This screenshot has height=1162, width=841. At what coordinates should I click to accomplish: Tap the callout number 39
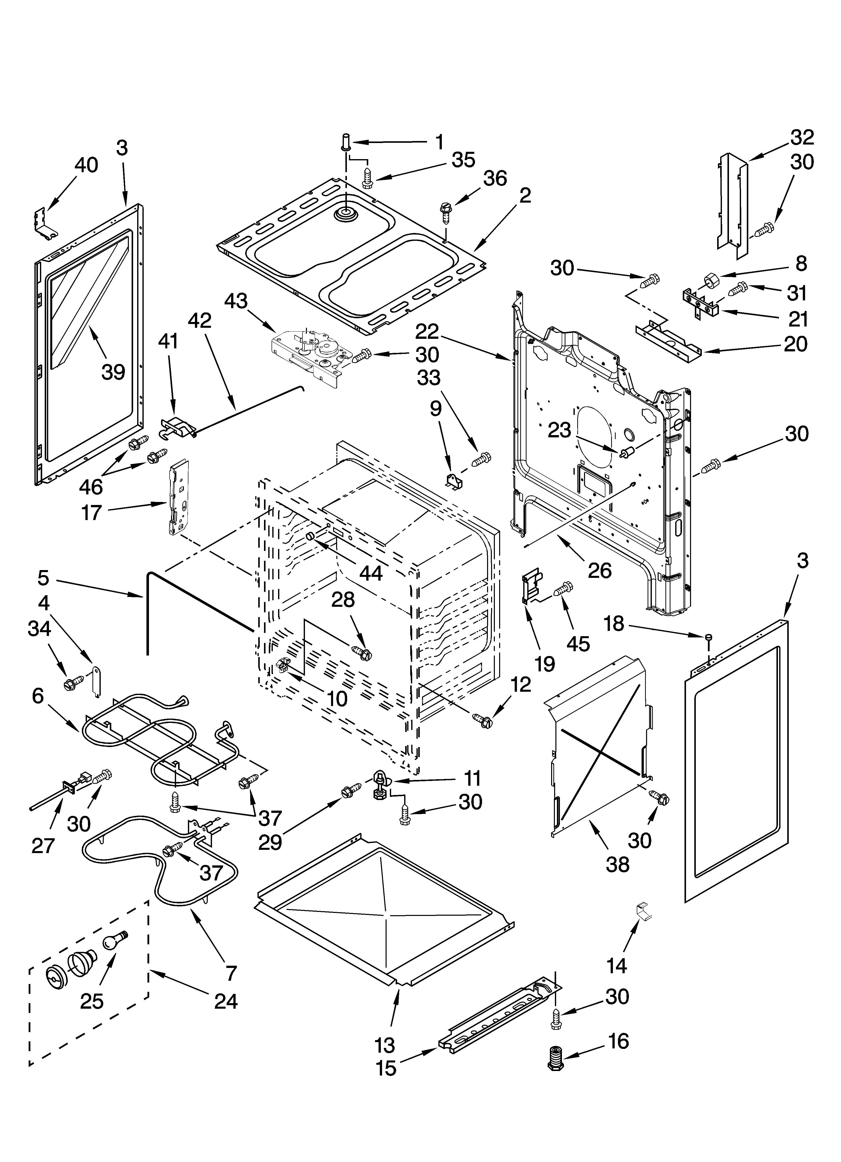pyautogui.click(x=113, y=372)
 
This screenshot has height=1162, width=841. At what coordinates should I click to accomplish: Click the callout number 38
pyautogui.click(x=617, y=864)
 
